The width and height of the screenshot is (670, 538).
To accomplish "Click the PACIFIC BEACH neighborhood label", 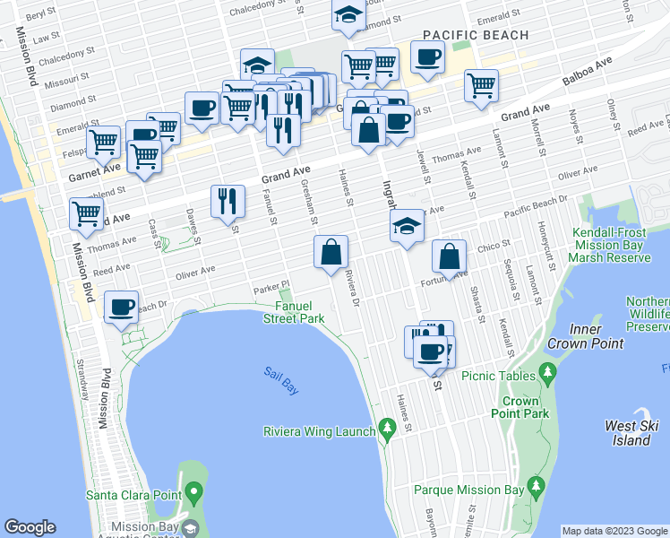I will [x=475, y=35].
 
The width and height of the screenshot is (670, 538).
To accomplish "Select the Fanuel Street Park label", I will [x=294, y=312].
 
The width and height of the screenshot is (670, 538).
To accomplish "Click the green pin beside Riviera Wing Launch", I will [x=387, y=430].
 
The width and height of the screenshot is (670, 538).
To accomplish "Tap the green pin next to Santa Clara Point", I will [x=193, y=493].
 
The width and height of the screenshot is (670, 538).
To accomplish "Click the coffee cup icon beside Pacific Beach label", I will [x=427, y=57].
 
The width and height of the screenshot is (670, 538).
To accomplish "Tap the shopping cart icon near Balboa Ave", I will [x=482, y=85].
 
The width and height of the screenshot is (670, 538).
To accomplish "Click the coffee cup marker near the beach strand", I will [x=121, y=308].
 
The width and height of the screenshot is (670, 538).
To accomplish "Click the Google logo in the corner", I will [x=30, y=527].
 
